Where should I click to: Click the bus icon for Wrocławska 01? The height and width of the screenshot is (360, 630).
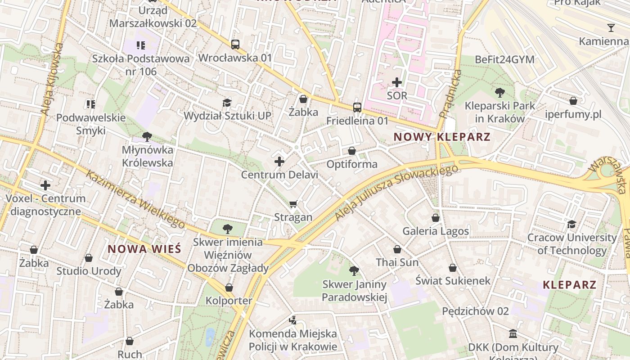click(x=235, y=44)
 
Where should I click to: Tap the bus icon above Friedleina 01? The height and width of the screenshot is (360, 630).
click(x=357, y=107)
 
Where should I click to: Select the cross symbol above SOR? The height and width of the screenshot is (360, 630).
click(x=396, y=82)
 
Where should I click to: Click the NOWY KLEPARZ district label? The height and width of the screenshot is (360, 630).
click(x=441, y=137)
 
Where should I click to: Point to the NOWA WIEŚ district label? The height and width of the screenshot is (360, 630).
click(x=144, y=249)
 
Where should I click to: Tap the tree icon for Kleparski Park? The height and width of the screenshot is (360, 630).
click(x=499, y=93)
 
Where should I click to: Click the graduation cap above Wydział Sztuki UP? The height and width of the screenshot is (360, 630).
click(x=227, y=103)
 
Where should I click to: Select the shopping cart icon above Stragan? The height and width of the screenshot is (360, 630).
click(x=293, y=204)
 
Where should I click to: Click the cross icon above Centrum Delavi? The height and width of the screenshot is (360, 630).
click(x=279, y=161)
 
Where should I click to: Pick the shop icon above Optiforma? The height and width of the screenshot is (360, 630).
click(x=352, y=151)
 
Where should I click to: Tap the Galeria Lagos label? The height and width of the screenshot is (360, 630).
click(x=436, y=231)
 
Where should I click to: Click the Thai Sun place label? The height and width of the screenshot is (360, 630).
click(x=397, y=262)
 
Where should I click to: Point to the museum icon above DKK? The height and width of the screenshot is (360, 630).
click(x=513, y=334)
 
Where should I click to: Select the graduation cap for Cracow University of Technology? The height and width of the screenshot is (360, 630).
click(x=571, y=224)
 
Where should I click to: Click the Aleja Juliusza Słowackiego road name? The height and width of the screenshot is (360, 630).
click(x=396, y=193)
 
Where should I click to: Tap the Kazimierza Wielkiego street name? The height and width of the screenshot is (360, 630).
click(x=135, y=199)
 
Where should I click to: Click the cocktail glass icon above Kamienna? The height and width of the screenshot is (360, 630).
click(x=611, y=28)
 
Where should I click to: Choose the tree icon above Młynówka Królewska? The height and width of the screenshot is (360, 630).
click(x=147, y=136)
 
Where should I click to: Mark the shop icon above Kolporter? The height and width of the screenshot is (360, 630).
click(x=229, y=287)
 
